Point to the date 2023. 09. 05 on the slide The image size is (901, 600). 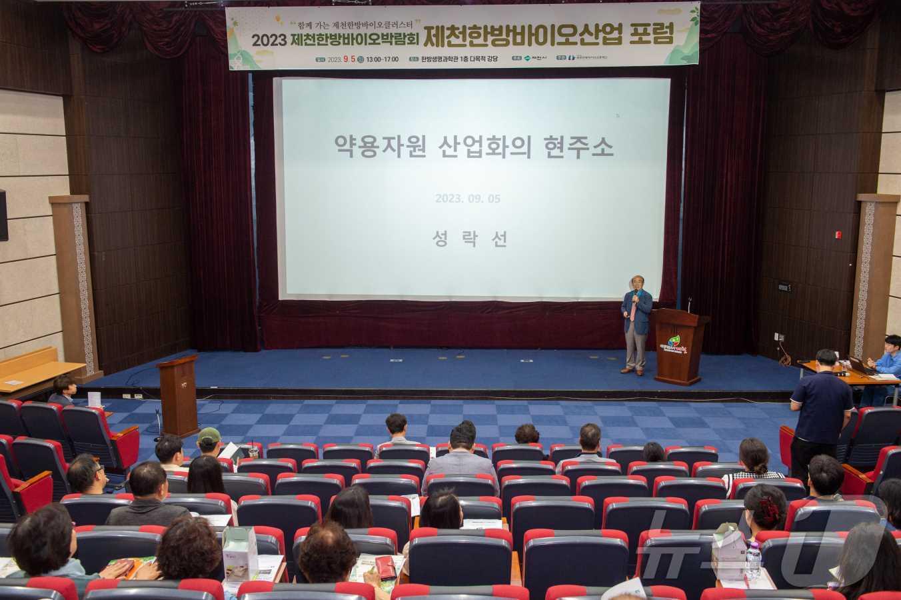(468, 199)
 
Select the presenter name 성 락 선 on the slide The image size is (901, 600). (470, 238)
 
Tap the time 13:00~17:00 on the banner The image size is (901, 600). (383, 59)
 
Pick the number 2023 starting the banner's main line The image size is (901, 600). (269, 40)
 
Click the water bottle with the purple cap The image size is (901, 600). (752, 560)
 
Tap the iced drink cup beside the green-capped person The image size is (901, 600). (254, 451)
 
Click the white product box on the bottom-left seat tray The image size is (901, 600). (240, 552)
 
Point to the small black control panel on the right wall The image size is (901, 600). (783, 287)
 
